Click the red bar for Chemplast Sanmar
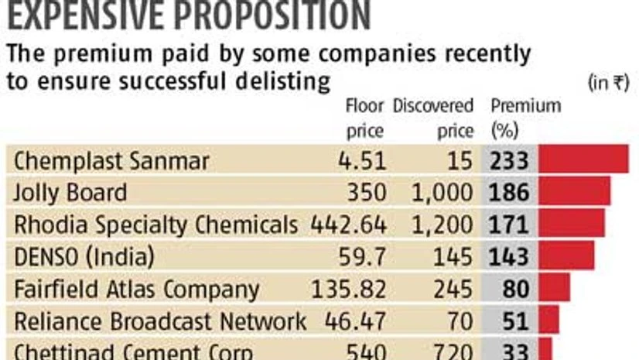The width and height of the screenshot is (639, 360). coord(583,159)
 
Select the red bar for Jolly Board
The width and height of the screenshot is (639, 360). coord(574,191)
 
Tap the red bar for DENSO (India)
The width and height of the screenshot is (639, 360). coord(566,255)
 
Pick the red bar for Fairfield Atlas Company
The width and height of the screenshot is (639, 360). coord(554,288)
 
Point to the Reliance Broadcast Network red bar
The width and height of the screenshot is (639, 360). coord(548,320)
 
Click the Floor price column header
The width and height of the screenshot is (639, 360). coord(364,118)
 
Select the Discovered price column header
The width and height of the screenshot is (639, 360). coord(433,118)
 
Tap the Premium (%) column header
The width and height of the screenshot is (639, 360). coord(525,118)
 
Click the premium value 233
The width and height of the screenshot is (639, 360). coord(509,160)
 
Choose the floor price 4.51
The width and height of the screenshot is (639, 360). coord(364,160)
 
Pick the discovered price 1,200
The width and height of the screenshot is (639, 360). coord(443,225)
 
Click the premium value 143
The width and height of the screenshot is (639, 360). coord(509,256)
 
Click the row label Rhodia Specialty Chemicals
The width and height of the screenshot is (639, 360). coord(155,225)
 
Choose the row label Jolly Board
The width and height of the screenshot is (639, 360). coord(70,192)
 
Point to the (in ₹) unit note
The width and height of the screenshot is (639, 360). coord(609,82)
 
